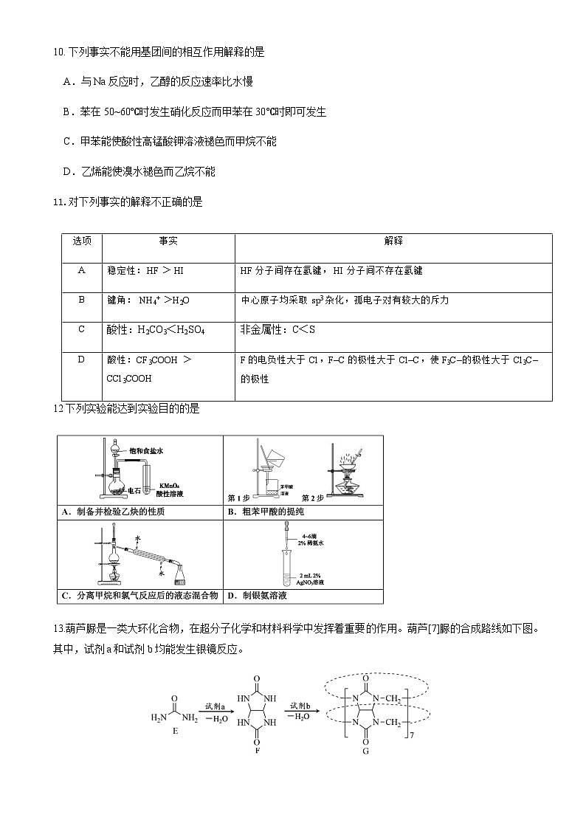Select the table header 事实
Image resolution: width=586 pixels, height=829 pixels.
point(168,241)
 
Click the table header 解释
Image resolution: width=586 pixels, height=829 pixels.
point(393,241)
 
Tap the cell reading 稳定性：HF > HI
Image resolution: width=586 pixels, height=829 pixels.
point(145,271)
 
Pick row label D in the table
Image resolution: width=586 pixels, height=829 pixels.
point(81,360)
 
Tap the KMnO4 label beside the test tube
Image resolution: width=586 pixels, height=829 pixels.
point(169,485)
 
